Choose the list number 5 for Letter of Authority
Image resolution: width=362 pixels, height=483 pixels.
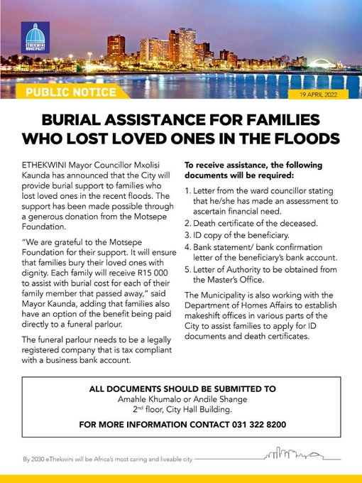(x=188, y=269)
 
